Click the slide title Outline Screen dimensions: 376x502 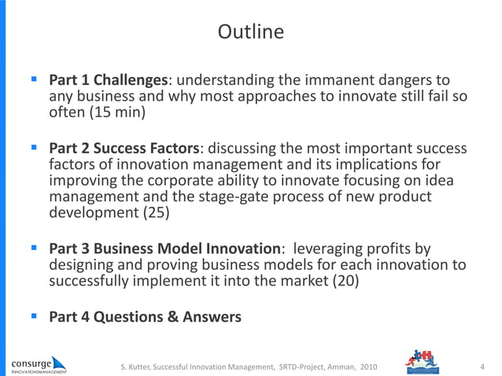click(x=250, y=32)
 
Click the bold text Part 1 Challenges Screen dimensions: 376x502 click(x=109, y=80)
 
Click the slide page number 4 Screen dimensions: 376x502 click(x=482, y=366)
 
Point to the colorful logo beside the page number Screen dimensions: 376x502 click(x=426, y=363)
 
